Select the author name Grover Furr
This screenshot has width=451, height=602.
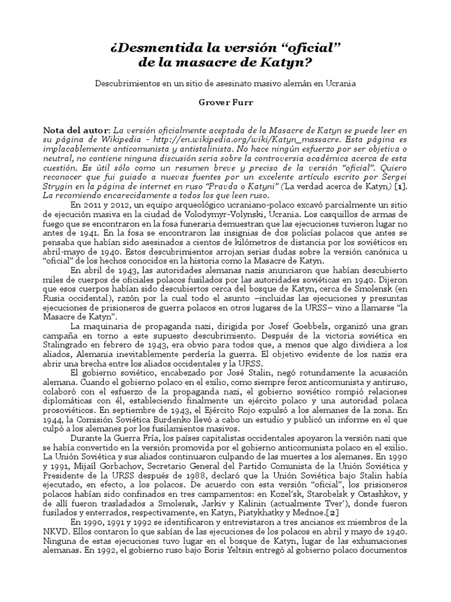[x=225, y=102]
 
